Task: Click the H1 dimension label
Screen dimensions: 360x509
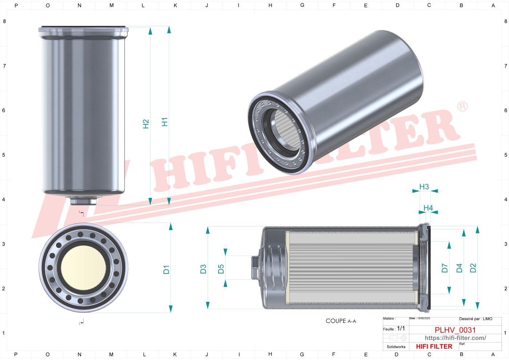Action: tap(165, 122)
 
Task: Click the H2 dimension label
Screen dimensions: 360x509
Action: tap(146, 124)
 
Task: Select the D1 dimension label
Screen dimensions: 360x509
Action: tap(166, 269)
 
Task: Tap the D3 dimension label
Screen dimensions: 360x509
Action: tap(203, 269)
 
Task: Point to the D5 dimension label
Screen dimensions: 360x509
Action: tap(221, 269)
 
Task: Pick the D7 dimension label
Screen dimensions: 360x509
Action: tap(444, 268)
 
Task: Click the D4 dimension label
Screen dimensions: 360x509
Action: tap(459, 268)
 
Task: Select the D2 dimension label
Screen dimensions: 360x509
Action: tap(473, 268)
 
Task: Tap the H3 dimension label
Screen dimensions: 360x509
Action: tap(424, 187)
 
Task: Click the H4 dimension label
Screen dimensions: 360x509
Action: tap(428, 208)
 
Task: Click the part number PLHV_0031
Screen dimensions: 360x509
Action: tap(455, 330)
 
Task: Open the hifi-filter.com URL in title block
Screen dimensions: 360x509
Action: tap(455, 338)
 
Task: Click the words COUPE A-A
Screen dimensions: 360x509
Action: tap(341, 321)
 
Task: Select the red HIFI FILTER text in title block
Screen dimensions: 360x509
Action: tap(434, 347)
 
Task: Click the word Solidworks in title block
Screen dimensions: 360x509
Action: tap(396, 347)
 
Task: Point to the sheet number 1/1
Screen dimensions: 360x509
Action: tap(401, 328)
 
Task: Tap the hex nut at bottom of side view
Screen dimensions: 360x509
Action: tap(83, 201)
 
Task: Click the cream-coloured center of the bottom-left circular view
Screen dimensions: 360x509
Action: tap(84, 267)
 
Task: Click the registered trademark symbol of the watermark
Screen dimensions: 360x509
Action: tap(462, 107)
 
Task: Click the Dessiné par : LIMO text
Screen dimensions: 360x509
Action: tap(476, 319)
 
